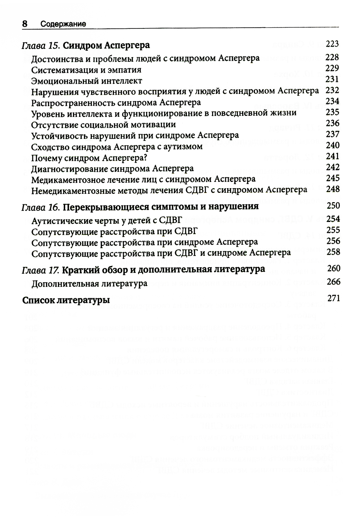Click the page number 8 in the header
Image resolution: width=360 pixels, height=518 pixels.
[25, 24]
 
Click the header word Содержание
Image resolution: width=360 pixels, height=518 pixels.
[63, 24]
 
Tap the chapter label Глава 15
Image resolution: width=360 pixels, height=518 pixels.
[41, 46]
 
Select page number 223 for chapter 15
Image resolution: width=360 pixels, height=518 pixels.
[332, 44]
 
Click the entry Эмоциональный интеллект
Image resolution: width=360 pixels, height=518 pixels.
[86, 81]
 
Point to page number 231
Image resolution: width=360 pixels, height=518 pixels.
[332, 79]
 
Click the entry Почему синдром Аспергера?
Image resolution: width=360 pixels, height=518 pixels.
[90, 158]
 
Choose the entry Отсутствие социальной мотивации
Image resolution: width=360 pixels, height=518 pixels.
[103, 125]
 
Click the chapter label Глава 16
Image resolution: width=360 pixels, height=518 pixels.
[41, 207]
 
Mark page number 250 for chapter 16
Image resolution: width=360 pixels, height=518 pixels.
[333, 206]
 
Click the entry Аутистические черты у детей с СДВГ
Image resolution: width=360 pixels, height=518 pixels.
[107, 220]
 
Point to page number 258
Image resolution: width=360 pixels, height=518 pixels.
[333, 252]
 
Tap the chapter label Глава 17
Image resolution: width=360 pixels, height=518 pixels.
[41, 269]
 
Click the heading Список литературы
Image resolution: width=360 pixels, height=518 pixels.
[66, 300]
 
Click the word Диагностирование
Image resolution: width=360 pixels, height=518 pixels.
[65, 169]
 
